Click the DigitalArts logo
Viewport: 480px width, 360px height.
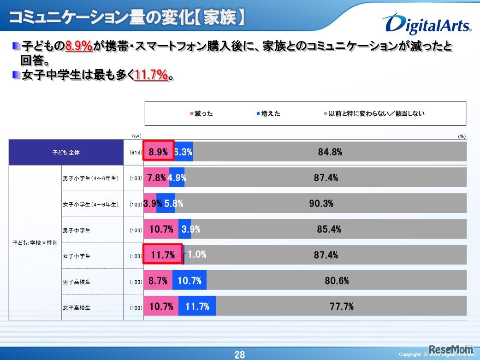tap(426, 24)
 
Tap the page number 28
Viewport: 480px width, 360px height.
tap(240, 354)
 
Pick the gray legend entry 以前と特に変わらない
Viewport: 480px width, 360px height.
tap(374, 113)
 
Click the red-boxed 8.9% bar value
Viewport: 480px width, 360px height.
tap(158, 152)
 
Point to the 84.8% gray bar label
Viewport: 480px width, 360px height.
tap(330, 152)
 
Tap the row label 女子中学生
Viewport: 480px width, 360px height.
tap(77, 256)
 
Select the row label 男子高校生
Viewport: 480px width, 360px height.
tap(77, 282)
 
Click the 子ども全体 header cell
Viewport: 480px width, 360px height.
tap(66, 153)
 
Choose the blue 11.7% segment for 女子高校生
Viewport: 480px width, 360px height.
tap(197, 306)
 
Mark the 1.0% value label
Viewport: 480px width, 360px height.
tap(196, 254)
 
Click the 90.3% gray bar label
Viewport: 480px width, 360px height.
tap(321, 203)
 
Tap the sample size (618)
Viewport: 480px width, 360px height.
tap(136, 153)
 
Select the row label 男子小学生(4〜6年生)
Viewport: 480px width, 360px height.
tap(91, 178)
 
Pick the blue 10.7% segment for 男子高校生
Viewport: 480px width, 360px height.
tap(189, 280)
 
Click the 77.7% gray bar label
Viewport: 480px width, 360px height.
tap(342, 306)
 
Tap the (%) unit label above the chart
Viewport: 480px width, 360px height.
tap(462, 136)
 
